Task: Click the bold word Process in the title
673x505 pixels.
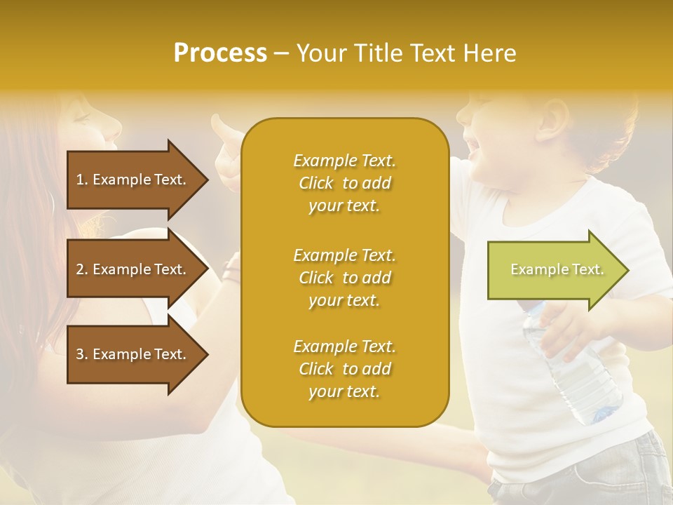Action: [x=220, y=53]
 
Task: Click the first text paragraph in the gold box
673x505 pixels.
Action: [x=344, y=183]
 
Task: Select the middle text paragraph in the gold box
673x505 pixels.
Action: [x=344, y=278]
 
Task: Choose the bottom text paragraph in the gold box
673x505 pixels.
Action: [x=344, y=369]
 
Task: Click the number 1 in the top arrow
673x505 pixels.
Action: [x=80, y=180]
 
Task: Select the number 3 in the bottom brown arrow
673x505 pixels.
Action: [x=80, y=354]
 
